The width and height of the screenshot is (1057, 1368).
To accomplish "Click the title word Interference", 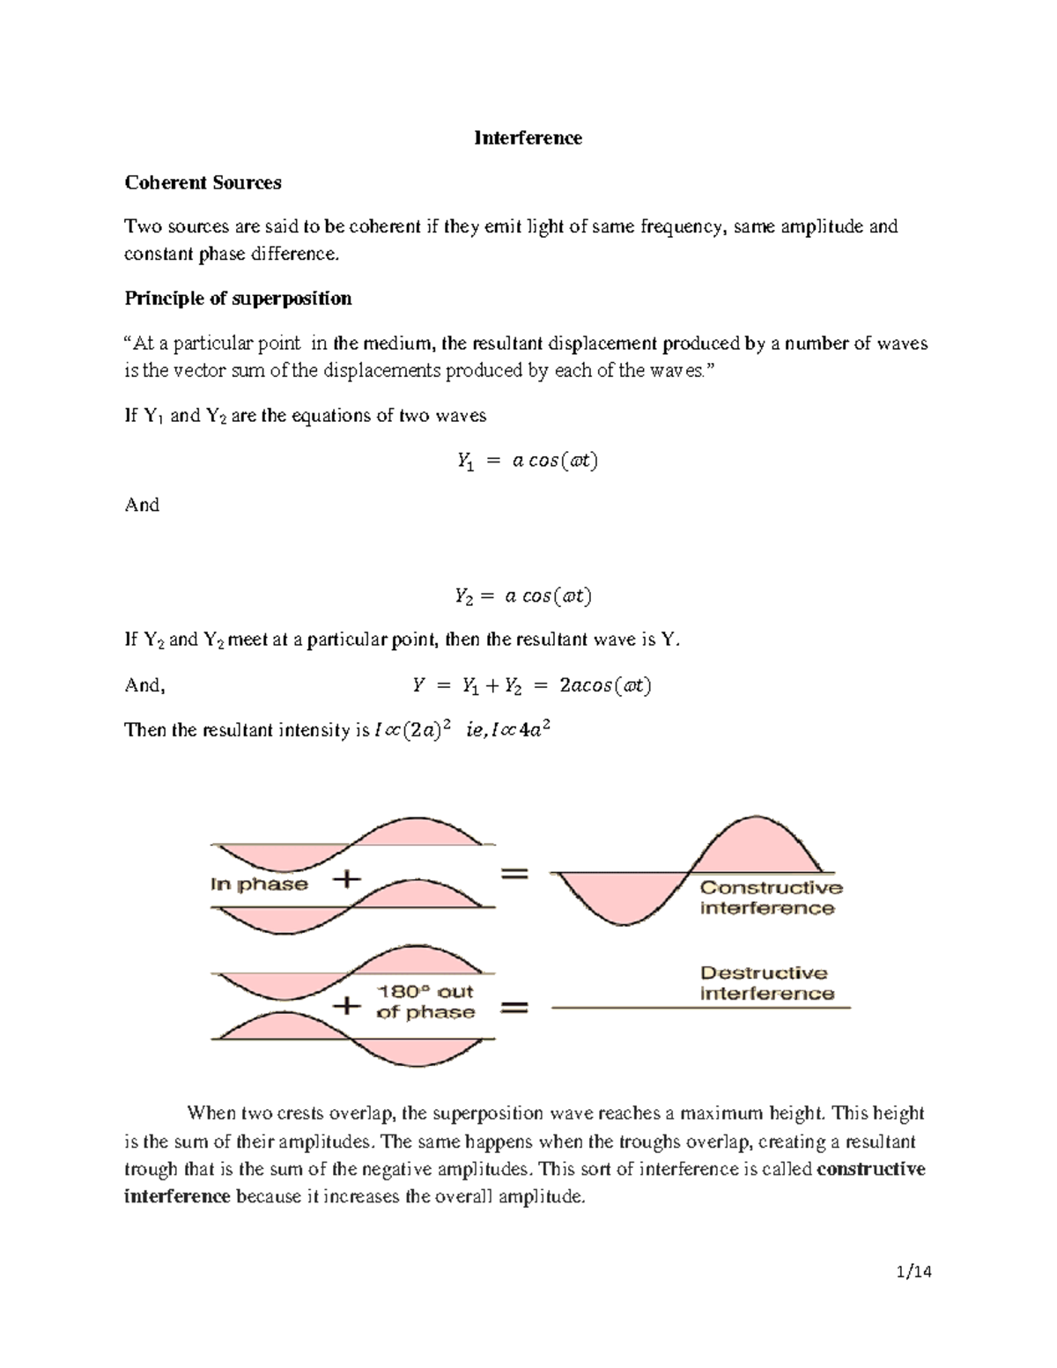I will pos(528,138).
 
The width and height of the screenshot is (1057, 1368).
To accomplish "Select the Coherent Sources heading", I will pos(203,183).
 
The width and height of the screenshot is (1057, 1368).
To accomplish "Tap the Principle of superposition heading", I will pos(238,299).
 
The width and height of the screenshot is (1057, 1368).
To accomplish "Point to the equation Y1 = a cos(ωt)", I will pos(527,461).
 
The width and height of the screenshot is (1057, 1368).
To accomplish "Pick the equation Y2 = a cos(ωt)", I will pos(523,596).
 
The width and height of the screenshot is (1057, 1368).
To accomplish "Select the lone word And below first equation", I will pos(142,506).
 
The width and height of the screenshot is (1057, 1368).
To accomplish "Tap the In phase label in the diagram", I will pos(259,884).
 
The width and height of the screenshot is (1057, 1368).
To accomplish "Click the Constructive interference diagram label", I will pos(770,898).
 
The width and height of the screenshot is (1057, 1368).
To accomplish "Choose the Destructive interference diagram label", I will pos(765,983).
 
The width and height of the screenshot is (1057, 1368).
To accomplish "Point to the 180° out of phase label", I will pos(425,1002).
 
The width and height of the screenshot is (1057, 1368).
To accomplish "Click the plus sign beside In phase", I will pos(347,879).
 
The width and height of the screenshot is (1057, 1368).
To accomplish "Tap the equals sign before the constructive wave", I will pos(515,874).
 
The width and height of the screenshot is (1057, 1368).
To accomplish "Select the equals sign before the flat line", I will pos(515,1008).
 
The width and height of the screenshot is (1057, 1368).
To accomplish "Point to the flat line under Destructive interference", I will pos(700,1007).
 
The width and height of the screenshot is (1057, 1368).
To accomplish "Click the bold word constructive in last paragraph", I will pos(870,1170).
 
